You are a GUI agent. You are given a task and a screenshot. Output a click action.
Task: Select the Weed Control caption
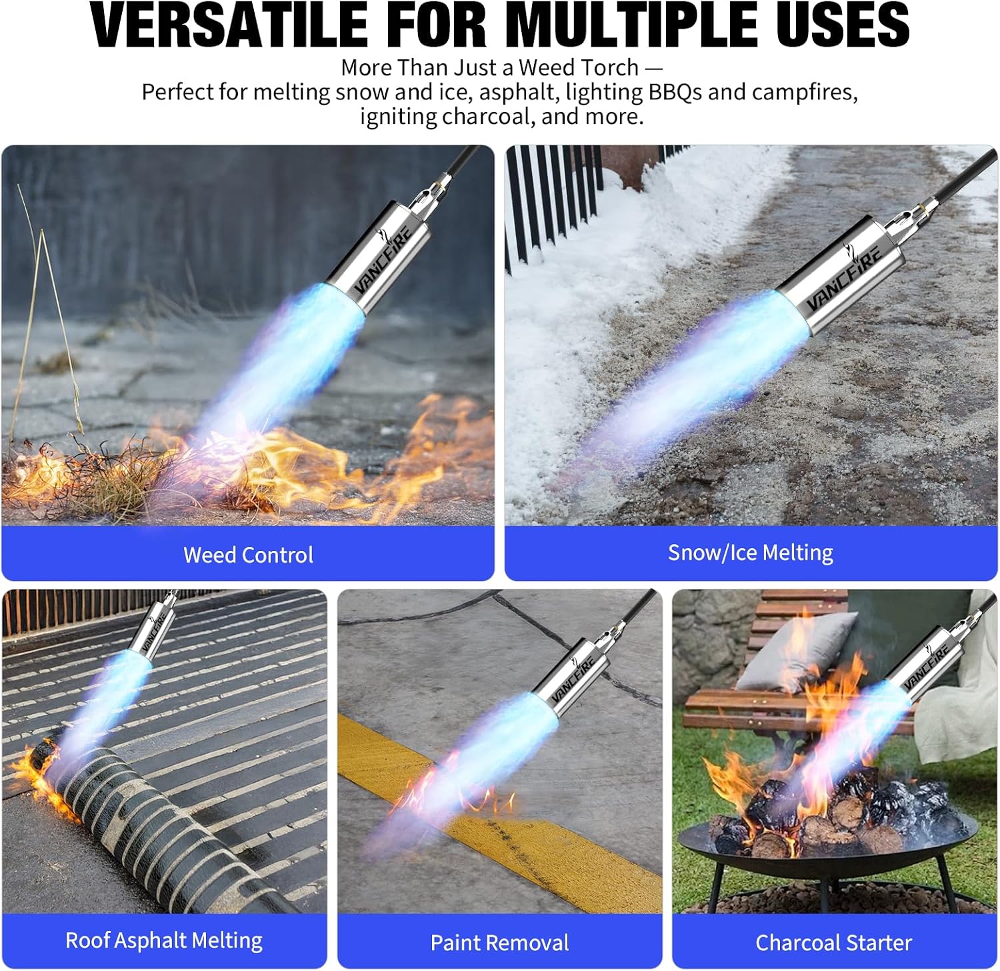click(x=248, y=555)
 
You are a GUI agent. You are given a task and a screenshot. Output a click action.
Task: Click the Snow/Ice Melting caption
click(x=751, y=553)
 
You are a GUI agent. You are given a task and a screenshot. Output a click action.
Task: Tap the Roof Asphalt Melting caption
click(x=164, y=940)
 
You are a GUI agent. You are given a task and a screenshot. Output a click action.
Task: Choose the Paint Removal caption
click(x=500, y=943)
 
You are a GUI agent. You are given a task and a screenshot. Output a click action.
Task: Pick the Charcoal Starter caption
click(x=834, y=943)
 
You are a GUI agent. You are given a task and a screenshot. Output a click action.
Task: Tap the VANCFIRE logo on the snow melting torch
click(x=845, y=275)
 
